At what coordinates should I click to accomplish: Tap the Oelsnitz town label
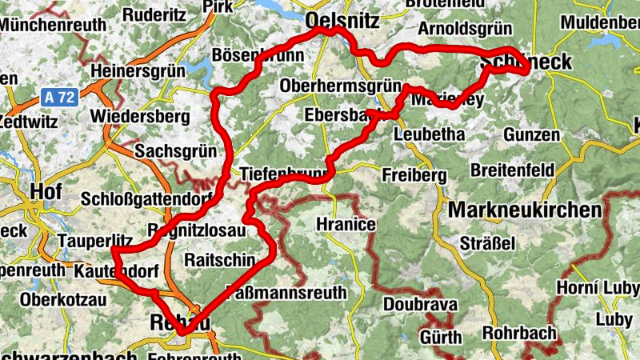pyautogui.click(x=342, y=22)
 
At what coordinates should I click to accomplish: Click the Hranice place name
pyautogui.click(x=346, y=224)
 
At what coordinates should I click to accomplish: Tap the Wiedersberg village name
pyautogui.click(x=140, y=117)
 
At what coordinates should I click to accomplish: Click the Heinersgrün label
pyautogui.click(x=138, y=72)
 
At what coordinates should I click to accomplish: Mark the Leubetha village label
pyautogui.click(x=430, y=134)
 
